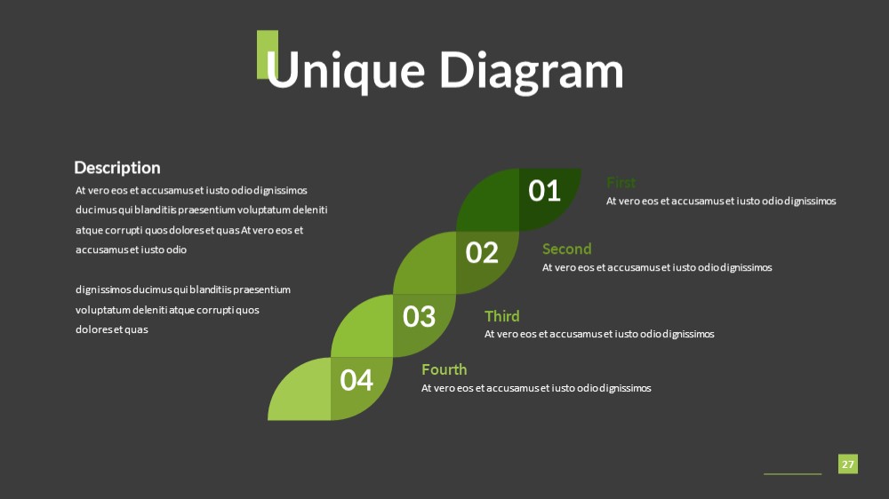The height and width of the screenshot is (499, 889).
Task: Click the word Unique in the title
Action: coord(345,71)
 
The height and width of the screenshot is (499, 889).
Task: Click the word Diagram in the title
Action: coord(532,71)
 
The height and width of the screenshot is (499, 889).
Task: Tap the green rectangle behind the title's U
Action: coord(267,54)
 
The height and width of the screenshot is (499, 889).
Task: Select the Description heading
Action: coord(117,168)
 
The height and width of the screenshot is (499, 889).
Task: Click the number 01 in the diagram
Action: coord(544,191)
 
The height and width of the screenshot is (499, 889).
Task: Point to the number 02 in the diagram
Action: coord(482,253)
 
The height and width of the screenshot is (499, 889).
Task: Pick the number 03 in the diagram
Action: coord(419,317)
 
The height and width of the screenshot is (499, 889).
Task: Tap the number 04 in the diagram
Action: coord(356,380)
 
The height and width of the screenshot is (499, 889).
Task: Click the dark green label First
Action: coord(621,183)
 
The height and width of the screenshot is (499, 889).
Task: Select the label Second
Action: coord(566,249)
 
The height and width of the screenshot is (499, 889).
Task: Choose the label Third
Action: coord(501,316)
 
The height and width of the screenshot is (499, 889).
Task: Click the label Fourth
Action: coord(444,370)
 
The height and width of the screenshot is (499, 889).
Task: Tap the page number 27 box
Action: coord(847,463)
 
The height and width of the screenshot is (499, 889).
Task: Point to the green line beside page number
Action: coord(792,473)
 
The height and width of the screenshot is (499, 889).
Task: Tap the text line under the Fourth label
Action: coord(536,388)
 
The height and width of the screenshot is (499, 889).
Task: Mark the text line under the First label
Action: coord(721,201)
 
